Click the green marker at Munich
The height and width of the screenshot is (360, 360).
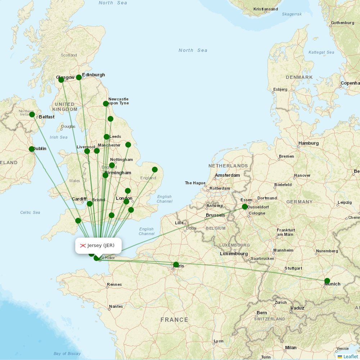327,281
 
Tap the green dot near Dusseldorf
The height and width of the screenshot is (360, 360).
245,207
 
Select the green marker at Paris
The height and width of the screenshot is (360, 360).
176,265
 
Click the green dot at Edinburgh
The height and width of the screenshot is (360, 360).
79,77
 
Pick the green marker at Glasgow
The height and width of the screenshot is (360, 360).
61,80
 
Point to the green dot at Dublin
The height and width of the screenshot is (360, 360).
32,149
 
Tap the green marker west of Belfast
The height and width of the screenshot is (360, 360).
32,114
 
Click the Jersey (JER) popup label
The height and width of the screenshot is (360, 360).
101,246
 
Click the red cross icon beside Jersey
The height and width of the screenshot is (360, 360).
83,246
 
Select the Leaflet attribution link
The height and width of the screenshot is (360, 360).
350,356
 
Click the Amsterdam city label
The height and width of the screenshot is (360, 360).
227,175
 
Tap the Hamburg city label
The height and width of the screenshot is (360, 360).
309,143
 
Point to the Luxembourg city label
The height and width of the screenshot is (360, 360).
234,254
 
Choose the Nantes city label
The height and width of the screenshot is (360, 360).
116,306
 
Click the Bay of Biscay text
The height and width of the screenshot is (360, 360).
67,354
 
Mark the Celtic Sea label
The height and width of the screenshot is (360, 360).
30,212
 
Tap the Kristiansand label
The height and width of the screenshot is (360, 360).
266,9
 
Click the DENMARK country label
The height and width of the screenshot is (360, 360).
299,77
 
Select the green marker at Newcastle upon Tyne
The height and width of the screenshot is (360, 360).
106,104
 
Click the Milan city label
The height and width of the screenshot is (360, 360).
291,348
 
